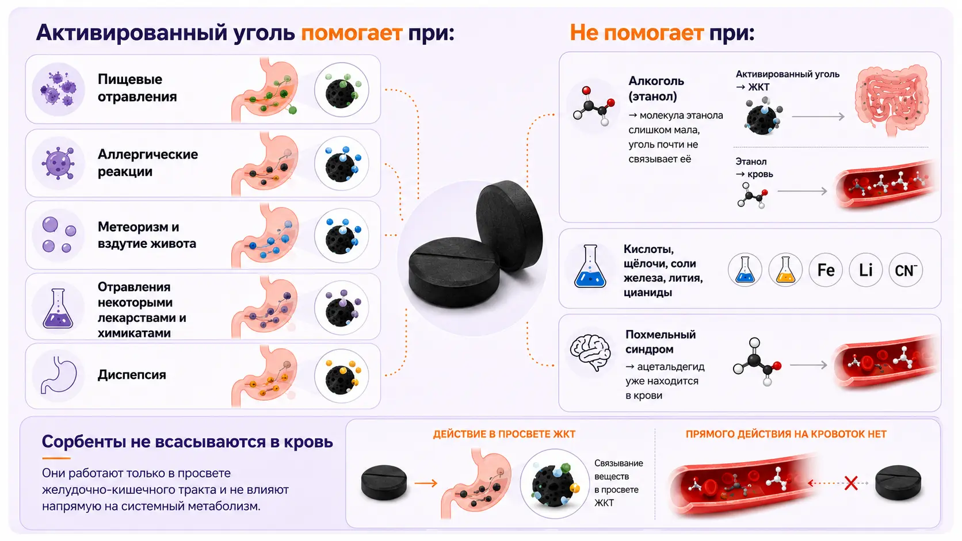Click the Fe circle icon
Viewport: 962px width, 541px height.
pos(826,270)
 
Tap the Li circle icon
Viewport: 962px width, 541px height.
pos(865,270)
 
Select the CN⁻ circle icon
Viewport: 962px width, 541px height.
pos(905,270)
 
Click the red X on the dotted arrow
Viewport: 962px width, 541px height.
pos(851,483)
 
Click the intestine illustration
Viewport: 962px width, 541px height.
pos(892,100)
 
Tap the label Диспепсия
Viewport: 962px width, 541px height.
pos(131,374)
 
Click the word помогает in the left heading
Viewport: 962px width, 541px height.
pos(352,33)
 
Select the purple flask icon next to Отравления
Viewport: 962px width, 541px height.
pos(58,309)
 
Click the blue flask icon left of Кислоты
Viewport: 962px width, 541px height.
pos(590,266)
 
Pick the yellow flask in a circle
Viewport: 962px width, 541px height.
pos(785,270)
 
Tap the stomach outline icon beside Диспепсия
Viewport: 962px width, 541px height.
pos(59,375)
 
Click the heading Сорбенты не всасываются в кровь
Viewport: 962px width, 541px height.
pos(187,442)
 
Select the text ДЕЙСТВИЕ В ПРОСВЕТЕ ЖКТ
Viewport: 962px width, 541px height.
pos(504,434)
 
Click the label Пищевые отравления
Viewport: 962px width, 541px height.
pos(137,88)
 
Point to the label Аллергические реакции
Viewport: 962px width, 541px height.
pos(148,163)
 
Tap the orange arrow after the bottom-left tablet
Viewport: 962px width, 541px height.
pos(426,483)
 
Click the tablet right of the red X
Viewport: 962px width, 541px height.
pos(898,483)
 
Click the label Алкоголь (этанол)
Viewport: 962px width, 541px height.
pos(656,89)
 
